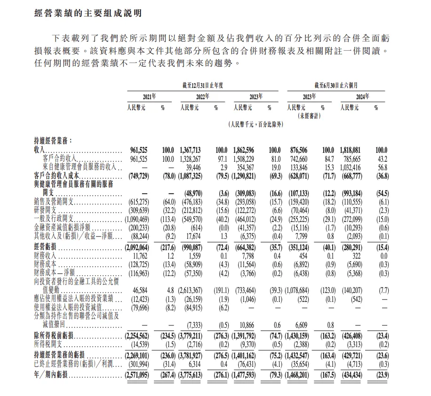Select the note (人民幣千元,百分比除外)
(x=255, y=125)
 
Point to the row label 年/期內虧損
(x=51, y=374)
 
